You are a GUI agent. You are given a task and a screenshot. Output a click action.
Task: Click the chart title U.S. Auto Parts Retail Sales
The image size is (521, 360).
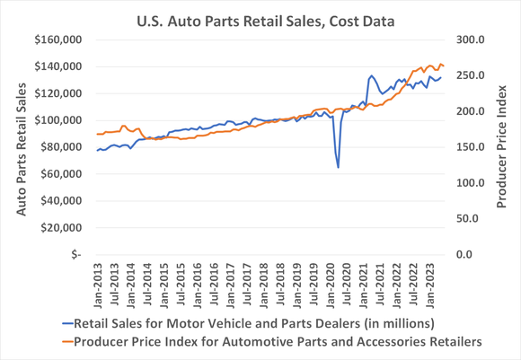260,18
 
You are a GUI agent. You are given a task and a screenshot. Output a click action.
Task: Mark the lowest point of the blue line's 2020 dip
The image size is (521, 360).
338,167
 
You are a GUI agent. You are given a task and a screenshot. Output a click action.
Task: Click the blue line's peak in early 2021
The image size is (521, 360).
372,76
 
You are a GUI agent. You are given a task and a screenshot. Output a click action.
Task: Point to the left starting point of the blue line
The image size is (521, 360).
97,150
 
